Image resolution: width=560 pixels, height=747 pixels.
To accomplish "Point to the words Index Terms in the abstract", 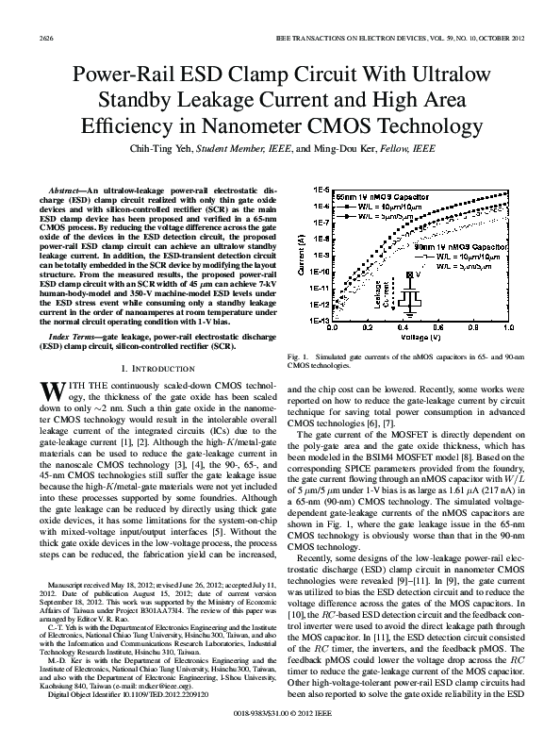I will point(73,336).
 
